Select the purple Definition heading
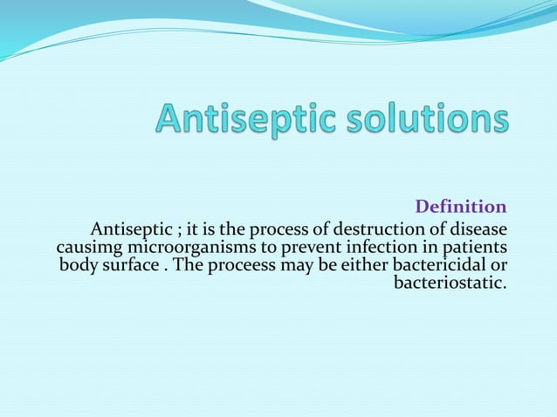pyautogui.click(x=460, y=207)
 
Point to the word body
pyautogui.click(x=77, y=265)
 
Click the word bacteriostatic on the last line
pyautogui.click(x=450, y=283)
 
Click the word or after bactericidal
pyautogui.click(x=499, y=265)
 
